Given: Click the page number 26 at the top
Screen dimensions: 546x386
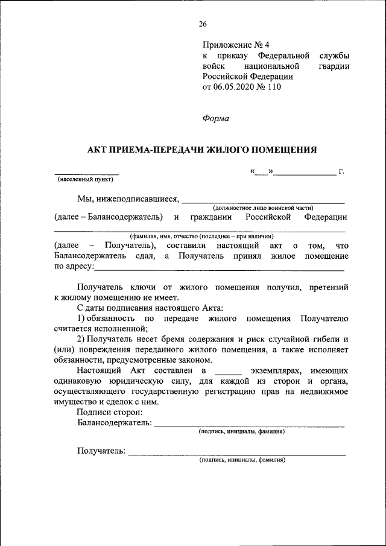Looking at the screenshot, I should pyautogui.click(x=202, y=24).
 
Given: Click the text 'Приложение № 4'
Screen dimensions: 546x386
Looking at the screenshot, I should pyautogui.click(x=236, y=45).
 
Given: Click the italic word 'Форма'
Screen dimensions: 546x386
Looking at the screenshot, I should pyautogui.click(x=215, y=118).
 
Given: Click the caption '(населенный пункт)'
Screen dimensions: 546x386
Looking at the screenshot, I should pyautogui.click(x=86, y=179).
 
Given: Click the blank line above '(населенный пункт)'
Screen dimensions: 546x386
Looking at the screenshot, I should pyautogui.click(x=86, y=174).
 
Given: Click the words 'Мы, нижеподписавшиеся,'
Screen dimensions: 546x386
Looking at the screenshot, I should pyautogui.click(x=128, y=199).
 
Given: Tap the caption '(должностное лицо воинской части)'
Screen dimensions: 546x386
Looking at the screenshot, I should pyautogui.click(x=263, y=208).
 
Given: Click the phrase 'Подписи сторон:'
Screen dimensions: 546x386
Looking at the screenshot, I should pyautogui.click(x=110, y=412).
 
